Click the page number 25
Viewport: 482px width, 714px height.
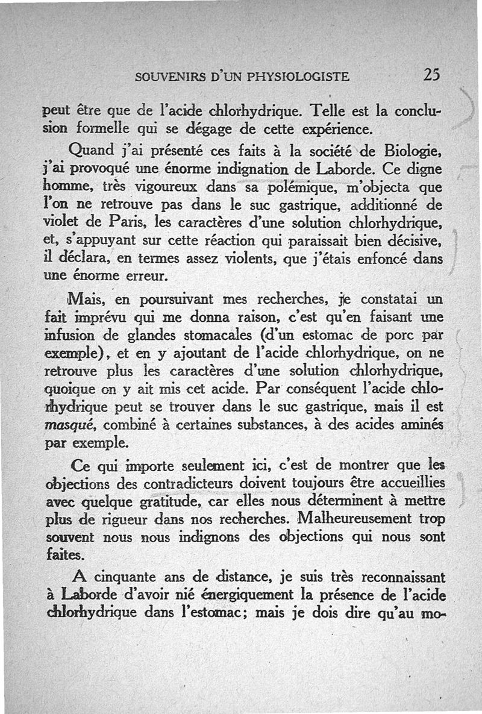tap(432, 75)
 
